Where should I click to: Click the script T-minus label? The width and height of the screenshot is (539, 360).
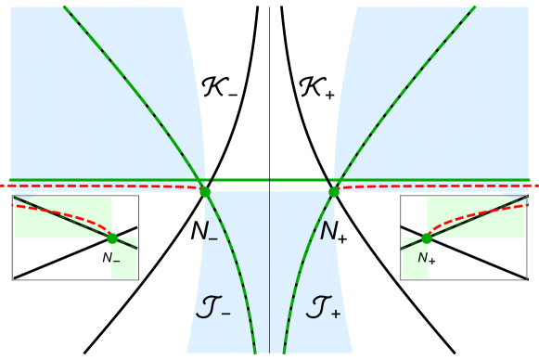pos(212,307)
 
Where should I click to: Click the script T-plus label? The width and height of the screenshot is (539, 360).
pos(323,307)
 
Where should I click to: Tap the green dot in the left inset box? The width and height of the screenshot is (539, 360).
pos(112,238)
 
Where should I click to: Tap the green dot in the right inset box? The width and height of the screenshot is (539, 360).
pos(427,238)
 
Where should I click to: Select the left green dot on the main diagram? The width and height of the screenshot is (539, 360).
pos(205,192)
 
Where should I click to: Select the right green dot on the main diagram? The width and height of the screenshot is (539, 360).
pos(334,192)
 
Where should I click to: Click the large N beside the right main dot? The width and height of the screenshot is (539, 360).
pos(328,232)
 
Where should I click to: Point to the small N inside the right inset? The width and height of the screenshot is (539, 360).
pos(422,257)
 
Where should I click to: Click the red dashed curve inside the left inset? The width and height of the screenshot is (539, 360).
pos(65,212)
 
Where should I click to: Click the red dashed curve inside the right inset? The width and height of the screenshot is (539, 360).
pos(473,213)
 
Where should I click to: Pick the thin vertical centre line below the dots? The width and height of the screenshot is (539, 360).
pos(270,278)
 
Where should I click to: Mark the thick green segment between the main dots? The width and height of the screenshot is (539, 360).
pos(269,179)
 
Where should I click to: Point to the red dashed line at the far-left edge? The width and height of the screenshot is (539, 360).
pos(5,186)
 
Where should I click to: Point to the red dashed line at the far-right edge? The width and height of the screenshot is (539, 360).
pos(533,186)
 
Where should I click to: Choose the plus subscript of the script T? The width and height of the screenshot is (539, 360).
pos(336,315)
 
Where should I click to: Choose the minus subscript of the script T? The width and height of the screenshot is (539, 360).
pos(225,315)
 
